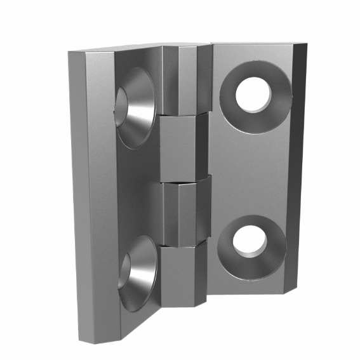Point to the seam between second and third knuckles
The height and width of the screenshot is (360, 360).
pos(184,182)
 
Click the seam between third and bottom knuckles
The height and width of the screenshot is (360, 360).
pos(184,244)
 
